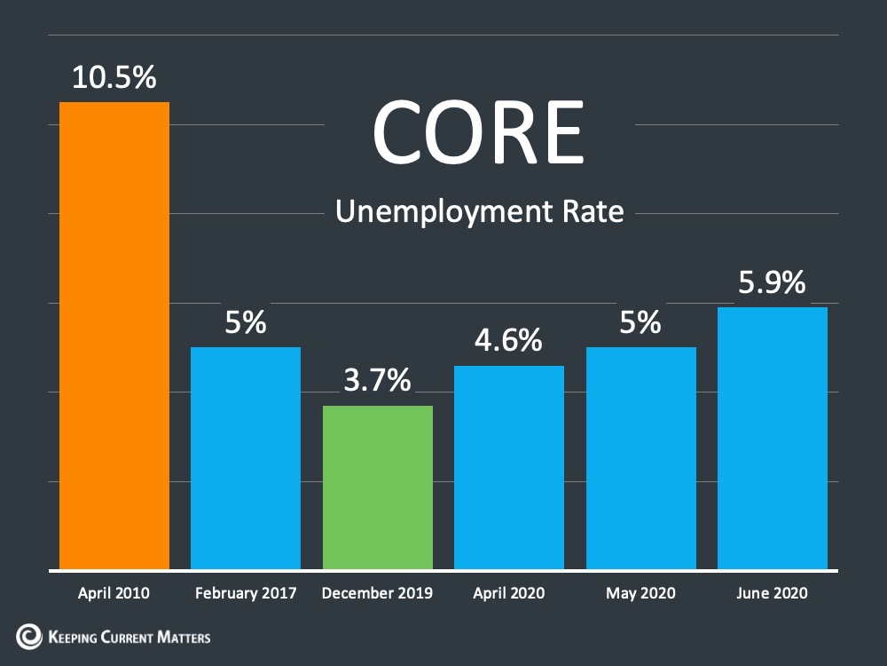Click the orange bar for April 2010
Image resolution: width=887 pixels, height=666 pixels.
click(x=114, y=336)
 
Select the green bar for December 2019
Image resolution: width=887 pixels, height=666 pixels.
click(x=378, y=487)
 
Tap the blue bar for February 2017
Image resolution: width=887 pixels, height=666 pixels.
click(x=246, y=458)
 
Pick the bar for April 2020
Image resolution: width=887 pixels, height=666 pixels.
click(x=509, y=467)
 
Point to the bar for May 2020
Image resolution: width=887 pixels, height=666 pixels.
click(x=641, y=458)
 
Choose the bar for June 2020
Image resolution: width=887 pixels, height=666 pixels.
click(x=773, y=439)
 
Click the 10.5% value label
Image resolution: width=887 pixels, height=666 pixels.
click(x=114, y=77)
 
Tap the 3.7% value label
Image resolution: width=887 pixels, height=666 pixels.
click(x=377, y=380)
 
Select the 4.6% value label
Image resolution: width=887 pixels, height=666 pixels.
click(x=508, y=340)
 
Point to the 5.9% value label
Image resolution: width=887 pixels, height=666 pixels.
click(x=773, y=282)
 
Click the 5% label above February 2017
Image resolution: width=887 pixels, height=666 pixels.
click(x=246, y=322)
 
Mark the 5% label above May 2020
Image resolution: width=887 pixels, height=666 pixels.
click(x=640, y=322)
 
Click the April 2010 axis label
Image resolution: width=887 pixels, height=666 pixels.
click(x=114, y=593)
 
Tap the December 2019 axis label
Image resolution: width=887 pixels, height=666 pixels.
click(x=377, y=593)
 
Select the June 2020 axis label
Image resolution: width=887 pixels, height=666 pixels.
click(x=773, y=593)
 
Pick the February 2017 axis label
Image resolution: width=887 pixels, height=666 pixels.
click(x=246, y=593)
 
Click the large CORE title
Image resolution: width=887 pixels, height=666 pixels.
click(x=479, y=132)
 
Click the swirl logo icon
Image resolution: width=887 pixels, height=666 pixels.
click(x=29, y=637)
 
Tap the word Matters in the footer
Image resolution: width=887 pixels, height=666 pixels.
click(x=184, y=637)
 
